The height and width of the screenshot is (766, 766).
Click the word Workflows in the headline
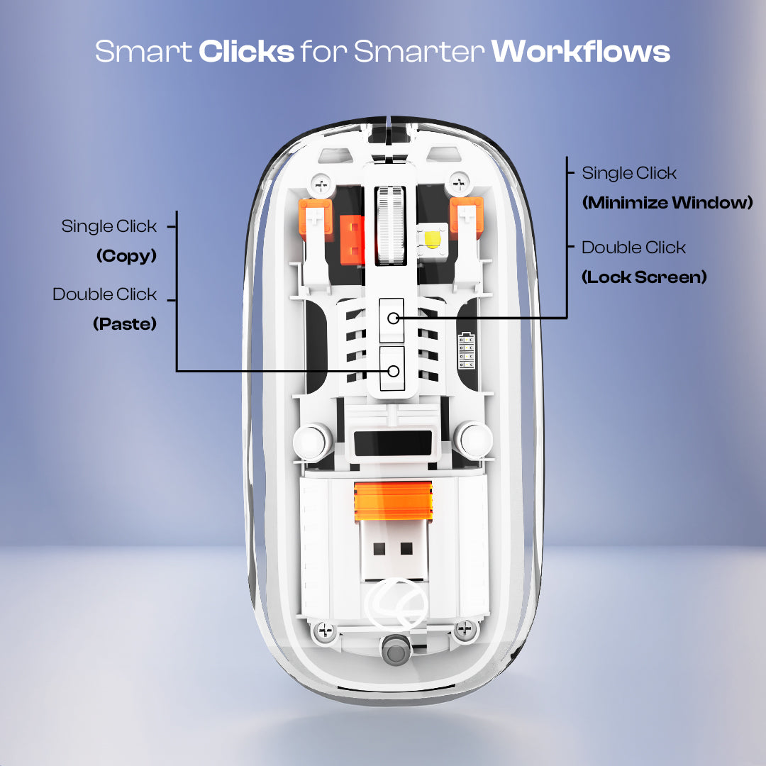pos(580,52)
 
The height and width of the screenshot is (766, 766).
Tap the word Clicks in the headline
pos(246,52)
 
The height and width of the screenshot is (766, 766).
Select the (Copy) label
pos(126,256)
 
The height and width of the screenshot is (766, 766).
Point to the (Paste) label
pos(125,324)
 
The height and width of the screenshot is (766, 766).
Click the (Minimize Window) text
pos(667,204)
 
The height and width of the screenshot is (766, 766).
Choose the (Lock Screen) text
pos(644,277)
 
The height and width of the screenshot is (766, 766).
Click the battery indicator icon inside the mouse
pos(467,350)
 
